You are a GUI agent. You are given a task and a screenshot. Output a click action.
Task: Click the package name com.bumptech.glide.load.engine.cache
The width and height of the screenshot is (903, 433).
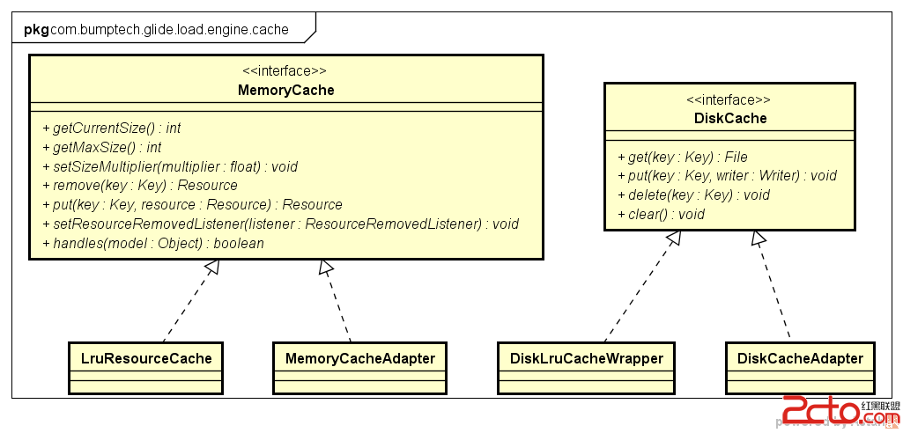coord(168,29)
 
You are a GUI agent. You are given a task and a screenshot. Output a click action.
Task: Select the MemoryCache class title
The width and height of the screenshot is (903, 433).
coord(285,90)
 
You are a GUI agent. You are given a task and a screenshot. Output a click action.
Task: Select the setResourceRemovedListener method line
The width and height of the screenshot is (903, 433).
coord(280,224)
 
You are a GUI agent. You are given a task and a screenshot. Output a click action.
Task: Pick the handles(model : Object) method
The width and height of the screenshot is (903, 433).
coord(152,243)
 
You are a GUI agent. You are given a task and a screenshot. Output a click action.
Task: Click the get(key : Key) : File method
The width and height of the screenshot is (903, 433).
coord(682,157)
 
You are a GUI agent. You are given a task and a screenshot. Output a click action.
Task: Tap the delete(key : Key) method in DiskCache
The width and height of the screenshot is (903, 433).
coord(693,194)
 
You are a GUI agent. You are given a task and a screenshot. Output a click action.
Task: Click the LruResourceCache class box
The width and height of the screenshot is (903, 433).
coord(146,358)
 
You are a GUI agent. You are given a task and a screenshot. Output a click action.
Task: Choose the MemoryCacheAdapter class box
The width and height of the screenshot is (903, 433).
coord(359,358)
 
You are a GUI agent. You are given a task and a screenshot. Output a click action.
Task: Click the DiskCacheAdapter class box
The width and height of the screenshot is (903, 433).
coord(799,358)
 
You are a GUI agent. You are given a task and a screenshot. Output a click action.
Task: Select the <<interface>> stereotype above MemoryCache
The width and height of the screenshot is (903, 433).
coord(285,71)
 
